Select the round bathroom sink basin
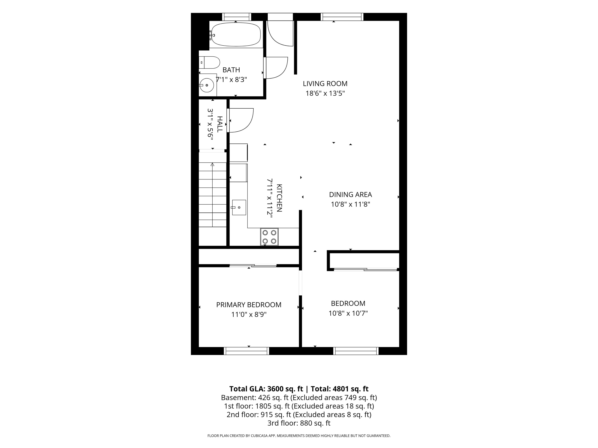(207, 85)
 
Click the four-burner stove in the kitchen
(269, 237)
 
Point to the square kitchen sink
(239, 207)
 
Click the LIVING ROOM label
(325, 84)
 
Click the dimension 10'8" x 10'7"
(348, 313)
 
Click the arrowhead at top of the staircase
(212, 164)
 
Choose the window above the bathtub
(237, 17)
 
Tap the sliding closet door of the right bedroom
(365, 269)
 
